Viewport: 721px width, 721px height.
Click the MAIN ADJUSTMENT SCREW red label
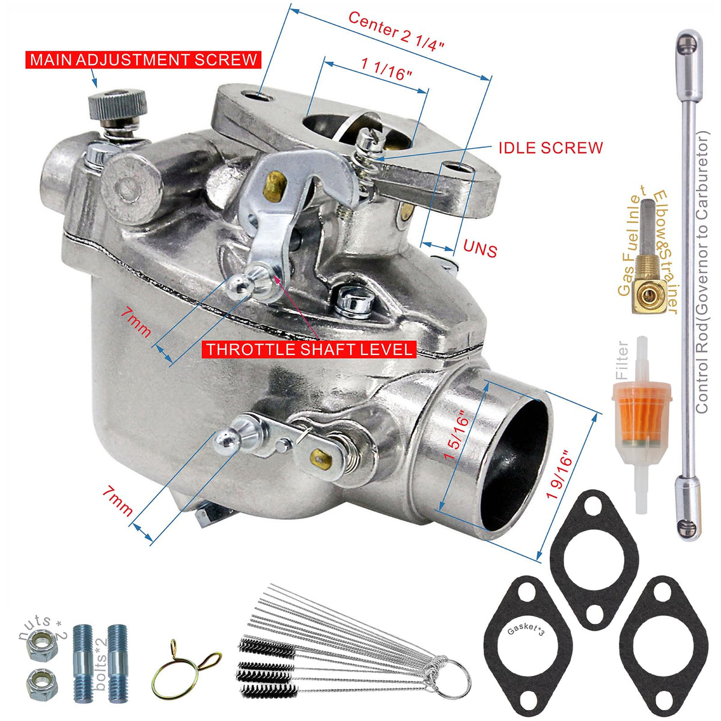click(143, 60)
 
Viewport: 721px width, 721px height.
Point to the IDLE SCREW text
click(550, 148)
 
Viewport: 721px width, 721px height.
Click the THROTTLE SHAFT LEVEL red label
click(309, 350)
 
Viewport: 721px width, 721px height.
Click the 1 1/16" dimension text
click(386, 69)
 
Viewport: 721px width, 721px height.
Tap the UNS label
click(480, 248)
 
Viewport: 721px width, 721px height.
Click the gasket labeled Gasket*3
click(528, 650)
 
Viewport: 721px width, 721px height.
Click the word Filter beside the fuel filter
click(621, 360)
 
